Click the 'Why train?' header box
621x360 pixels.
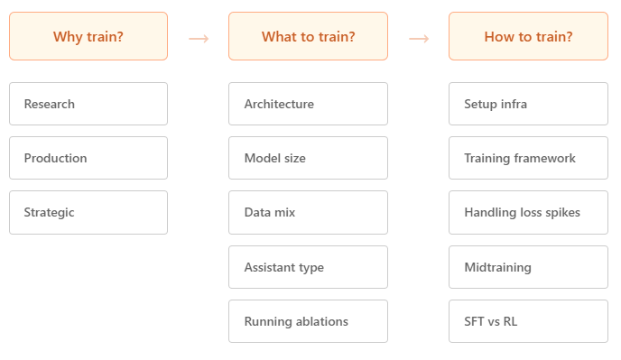[x=88, y=36]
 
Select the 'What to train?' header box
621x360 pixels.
[x=308, y=36]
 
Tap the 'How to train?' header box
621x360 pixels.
[x=528, y=36]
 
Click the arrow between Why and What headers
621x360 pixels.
[x=199, y=38]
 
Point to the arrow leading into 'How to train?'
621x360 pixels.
[x=418, y=38]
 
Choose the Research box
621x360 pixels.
[x=88, y=104]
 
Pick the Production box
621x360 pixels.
[x=88, y=158]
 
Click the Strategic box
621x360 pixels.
[x=88, y=212]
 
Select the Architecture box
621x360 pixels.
[x=308, y=104]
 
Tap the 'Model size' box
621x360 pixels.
[x=308, y=158]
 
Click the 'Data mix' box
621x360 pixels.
[x=308, y=212]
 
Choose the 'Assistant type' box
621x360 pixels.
[x=308, y=267]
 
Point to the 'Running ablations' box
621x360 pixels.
[x=308, y=321]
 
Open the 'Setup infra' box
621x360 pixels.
[x=528, y=104]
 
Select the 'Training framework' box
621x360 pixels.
[x=528, y=158]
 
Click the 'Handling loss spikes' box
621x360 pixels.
[x=528, y=212]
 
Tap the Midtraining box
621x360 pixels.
[x=528, y=267]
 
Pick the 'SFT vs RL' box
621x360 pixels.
[x=528, y=321]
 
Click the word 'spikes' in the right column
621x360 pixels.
[x=562, y=213]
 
